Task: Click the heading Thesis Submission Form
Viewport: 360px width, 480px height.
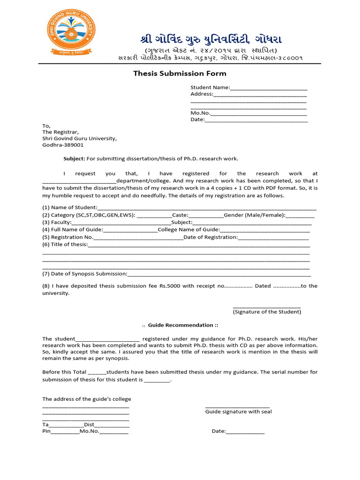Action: coord(180,74)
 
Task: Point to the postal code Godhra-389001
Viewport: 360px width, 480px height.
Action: coord(63,145)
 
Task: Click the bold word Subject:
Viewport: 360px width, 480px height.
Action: coord(74,159)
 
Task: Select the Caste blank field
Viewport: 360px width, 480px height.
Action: coord(206,215)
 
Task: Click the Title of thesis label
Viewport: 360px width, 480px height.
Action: coord(65,245)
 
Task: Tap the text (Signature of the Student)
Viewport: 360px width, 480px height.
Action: coord(267,312)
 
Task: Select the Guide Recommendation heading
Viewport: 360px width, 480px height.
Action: coord(180,325)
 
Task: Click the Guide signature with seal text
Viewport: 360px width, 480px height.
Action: coord(238,412)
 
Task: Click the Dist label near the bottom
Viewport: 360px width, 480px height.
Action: coord(89,425)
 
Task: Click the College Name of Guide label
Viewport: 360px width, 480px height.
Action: coord(188,230)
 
